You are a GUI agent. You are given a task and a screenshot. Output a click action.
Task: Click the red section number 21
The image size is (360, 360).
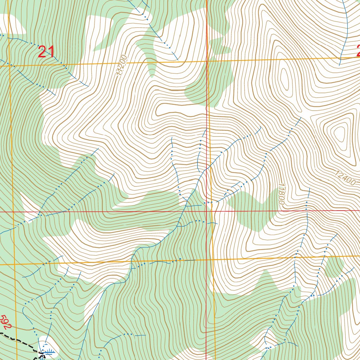tap(46, 52)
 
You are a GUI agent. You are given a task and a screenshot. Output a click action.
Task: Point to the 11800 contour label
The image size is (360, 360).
tap(281, 193)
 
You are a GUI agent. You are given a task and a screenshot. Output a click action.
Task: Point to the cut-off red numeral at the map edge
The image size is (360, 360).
tap(358, 51)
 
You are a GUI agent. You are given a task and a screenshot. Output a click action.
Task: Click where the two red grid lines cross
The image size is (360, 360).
tap(206, 212)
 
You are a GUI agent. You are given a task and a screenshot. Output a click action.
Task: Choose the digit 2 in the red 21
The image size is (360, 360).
tap(42, 52)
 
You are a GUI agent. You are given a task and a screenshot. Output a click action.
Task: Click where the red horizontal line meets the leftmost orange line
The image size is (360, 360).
tap(13, 212)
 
